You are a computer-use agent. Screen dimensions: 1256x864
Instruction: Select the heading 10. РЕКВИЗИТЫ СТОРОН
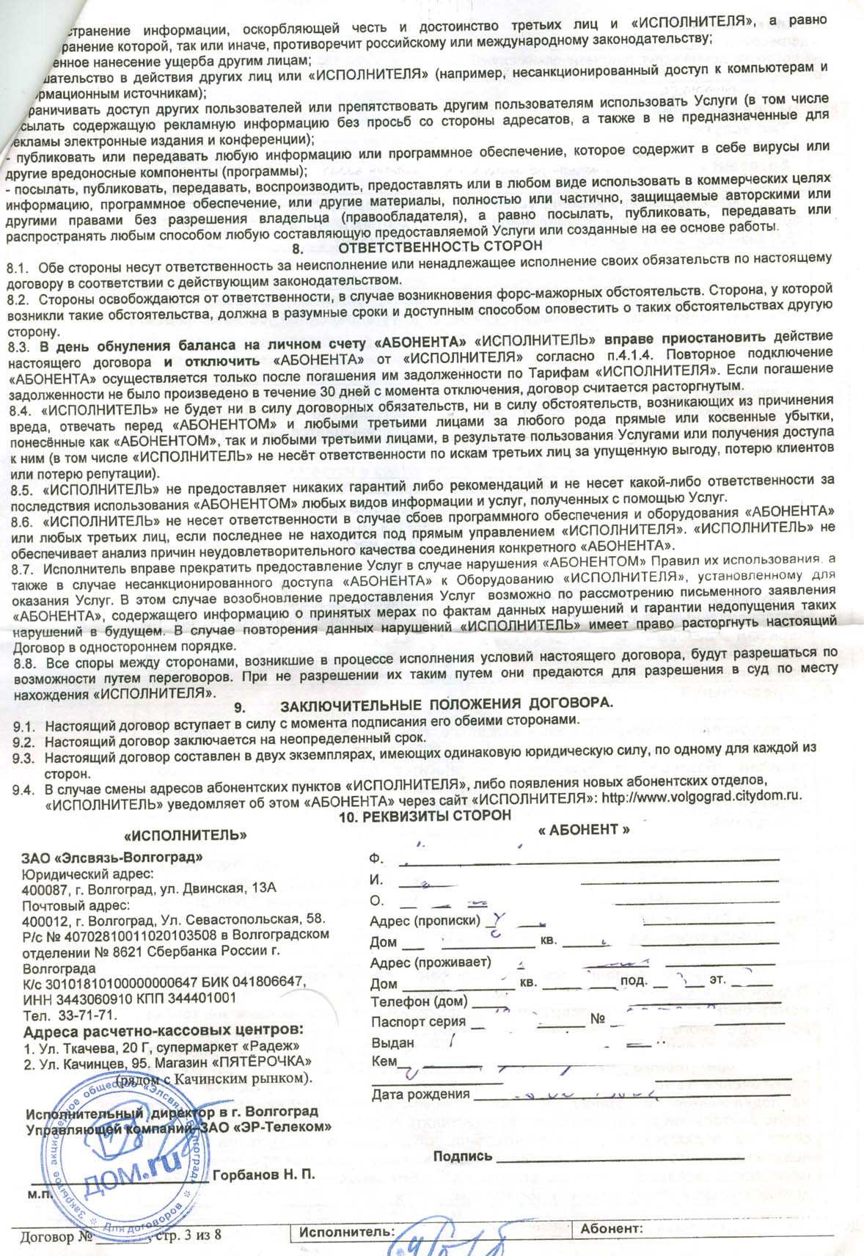coord(425,815)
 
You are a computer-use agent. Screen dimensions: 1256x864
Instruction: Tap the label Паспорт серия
coord(418,1021)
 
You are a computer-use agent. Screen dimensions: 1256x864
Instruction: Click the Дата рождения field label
coord(420,1095)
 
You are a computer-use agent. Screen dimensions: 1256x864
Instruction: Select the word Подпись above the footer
coord(463,1156)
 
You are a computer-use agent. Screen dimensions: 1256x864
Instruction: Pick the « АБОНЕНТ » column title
coord(584,829)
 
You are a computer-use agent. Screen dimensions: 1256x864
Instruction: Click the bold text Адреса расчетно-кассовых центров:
coord(163,1030)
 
